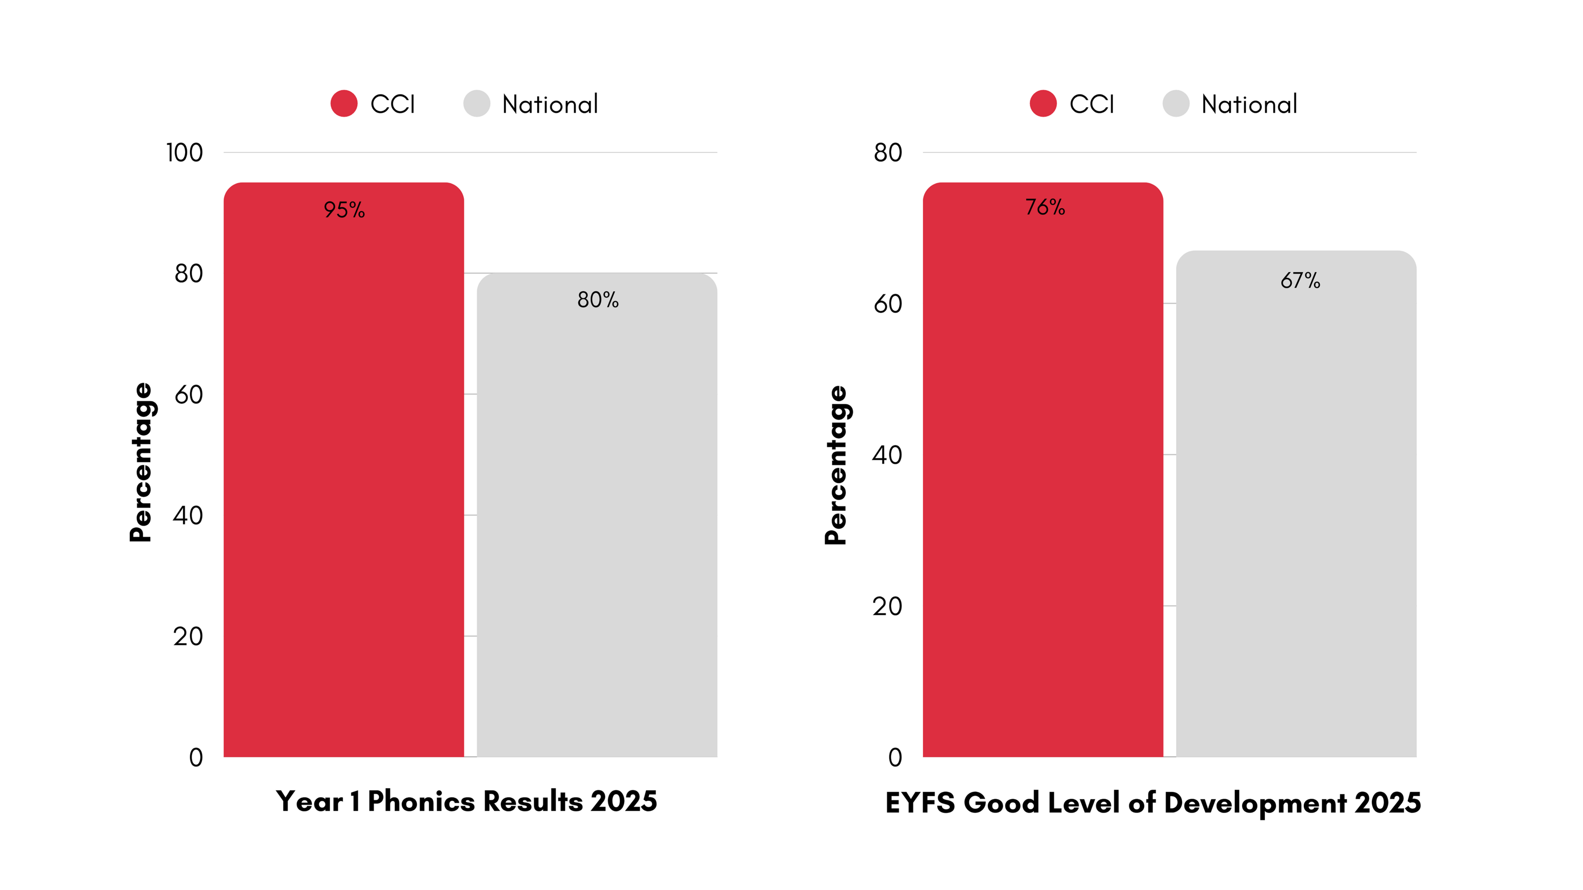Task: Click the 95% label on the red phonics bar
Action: (344, 210)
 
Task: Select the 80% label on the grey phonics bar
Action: (597, 300)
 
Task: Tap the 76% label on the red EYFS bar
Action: (1045, 207)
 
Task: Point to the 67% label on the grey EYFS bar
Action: (1300, 281)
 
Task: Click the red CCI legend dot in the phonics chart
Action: (344, 104)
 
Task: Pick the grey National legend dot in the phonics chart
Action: (477, 104)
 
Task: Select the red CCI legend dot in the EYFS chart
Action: (1043, 104)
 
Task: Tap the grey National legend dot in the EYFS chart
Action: (1176, 104)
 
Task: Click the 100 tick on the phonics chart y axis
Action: (184, 153)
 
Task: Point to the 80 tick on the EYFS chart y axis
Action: (888, 153)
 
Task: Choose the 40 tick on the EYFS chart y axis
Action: (887, 455)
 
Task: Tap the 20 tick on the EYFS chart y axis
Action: (887, 607)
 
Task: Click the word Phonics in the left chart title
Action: (421, 801)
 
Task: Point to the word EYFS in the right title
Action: (920, 803)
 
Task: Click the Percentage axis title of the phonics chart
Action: (141, 462)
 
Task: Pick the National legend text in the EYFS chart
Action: (1248, 104)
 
